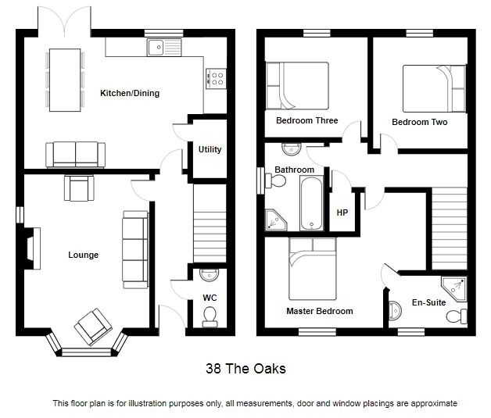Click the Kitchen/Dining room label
point(130,93)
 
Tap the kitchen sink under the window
point(164,48)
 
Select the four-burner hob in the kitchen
point(216,79)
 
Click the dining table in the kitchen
point(65,80)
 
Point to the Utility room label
point(210,149)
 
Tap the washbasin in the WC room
point(210,274)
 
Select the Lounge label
point(84,255)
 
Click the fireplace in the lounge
point(33,248)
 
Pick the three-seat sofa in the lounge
point(135,250)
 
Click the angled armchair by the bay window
point(93,327)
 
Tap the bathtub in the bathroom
point(311,203)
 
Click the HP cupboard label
point(342,213)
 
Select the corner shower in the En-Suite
point(454,288)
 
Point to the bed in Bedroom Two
point(435,88)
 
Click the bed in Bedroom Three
point(297,85)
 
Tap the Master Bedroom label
point(320,311)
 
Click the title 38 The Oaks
point(245,369)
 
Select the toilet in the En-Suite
point(457,316)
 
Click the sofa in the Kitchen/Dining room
point(76,155)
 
